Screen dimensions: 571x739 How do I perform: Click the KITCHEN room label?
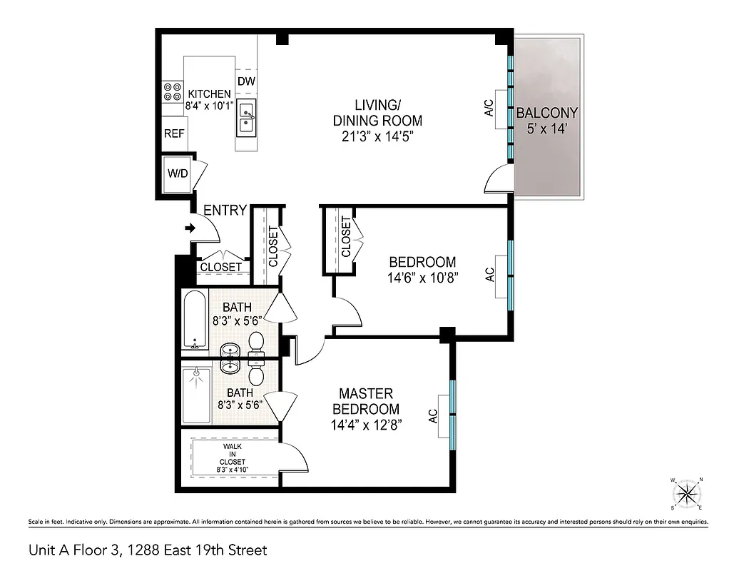(208, 94)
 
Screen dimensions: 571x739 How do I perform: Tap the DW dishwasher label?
(246, 81)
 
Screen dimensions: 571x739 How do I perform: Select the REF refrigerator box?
(175, 133)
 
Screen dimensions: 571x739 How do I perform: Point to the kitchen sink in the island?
(247, 118)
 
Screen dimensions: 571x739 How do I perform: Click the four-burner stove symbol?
(172, 91)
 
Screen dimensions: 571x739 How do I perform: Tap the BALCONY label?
(546, 113)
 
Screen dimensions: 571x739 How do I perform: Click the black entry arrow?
(190, 228)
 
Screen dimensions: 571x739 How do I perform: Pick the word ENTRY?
(225, 211)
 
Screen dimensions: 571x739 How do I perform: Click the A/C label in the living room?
(489, 108)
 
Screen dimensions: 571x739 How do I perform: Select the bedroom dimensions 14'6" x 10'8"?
(422, 277)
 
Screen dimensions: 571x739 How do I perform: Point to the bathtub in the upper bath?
(193, 320)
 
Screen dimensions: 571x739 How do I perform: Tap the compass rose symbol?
(687, 492)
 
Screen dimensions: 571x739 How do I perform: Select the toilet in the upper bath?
(256, 343)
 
